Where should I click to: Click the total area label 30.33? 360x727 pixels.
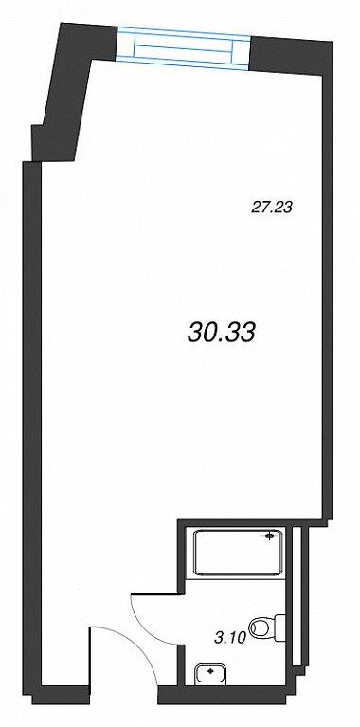pos(222,332)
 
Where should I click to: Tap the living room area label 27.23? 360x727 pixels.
pos(272,208)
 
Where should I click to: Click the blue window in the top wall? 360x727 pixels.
pos(183,48)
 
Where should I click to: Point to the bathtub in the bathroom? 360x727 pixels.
pos(238,554)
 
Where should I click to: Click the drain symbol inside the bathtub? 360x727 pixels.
pos(270,536)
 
